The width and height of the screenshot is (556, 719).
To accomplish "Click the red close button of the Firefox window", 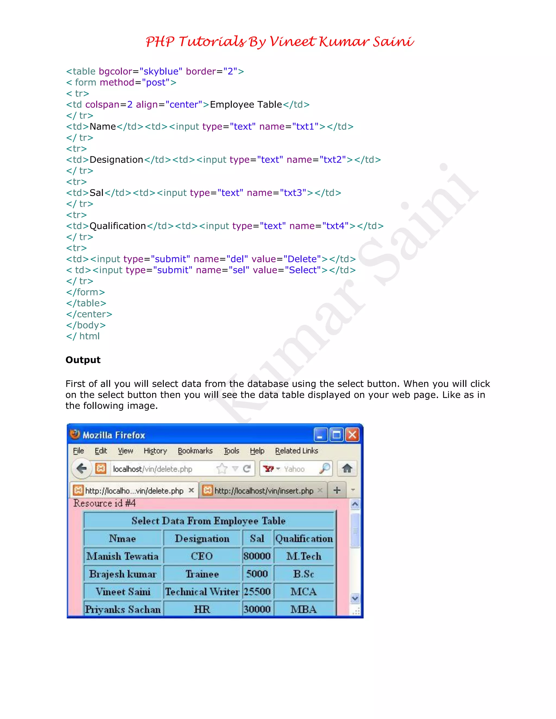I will point(352,435).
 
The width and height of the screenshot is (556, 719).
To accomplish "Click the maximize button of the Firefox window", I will point(337,435).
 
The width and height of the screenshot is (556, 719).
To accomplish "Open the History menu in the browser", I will point(155,451).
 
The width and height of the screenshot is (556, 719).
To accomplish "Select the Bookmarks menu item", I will point(195,451).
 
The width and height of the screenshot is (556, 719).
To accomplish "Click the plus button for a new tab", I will point(337,490).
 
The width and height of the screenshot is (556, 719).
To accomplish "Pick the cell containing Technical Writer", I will point(202,591).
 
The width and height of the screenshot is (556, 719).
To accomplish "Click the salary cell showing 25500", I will point(257,591).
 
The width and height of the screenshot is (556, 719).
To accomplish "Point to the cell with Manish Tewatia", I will point(122,556).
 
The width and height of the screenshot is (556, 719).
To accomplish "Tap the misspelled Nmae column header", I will point(122,538).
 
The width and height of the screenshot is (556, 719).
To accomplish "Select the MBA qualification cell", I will point(303,609).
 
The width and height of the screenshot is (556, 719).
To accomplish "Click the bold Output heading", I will point(83,360).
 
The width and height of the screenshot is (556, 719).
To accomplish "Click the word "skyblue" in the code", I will point(161,71).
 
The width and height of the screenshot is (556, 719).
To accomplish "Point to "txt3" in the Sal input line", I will point(293,193).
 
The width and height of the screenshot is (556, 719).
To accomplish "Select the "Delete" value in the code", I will point(302,259).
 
